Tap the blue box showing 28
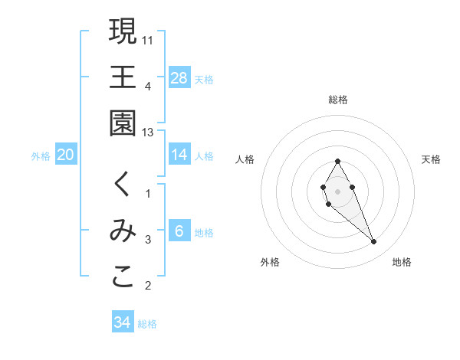coord(179,78)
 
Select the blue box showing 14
coord(179,155)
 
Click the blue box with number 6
coord(179,231)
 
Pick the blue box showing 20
coord(66,155)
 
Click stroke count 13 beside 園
coord(149,133)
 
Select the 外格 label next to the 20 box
coord(41,156)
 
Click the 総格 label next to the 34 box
coord(147,324)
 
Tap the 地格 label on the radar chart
coord(402,262)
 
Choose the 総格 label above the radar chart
coord(338,100)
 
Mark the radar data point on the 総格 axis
coord(337,161)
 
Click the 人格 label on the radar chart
coord(245,159)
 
